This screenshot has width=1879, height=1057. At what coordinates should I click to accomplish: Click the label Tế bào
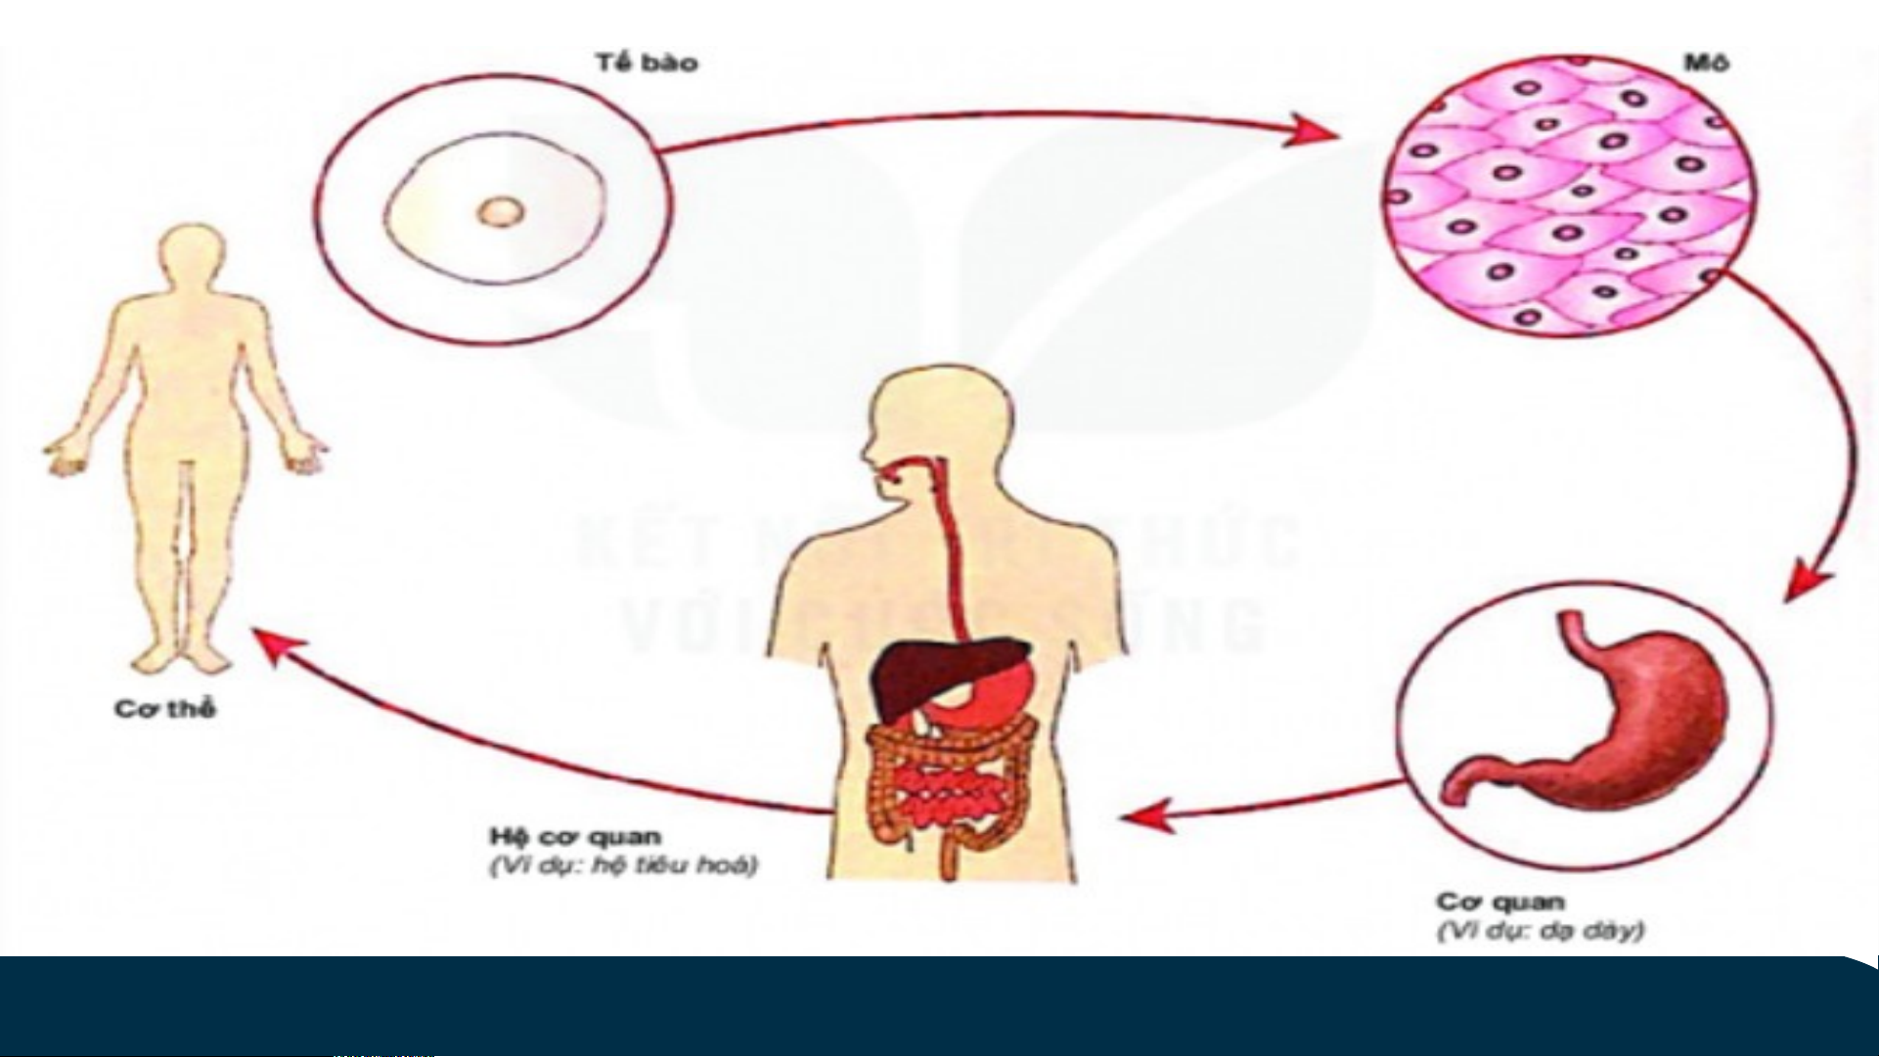646,64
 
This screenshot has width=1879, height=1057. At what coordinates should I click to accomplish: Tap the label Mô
1706,64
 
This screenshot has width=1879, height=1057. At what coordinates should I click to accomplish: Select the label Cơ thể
164,709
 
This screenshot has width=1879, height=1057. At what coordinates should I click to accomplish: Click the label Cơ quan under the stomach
1500,901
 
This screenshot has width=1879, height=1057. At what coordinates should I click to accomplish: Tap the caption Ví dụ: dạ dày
1540,931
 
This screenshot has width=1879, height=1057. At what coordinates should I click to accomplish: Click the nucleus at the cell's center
501,211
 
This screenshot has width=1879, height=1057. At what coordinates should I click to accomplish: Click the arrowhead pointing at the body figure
274,646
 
